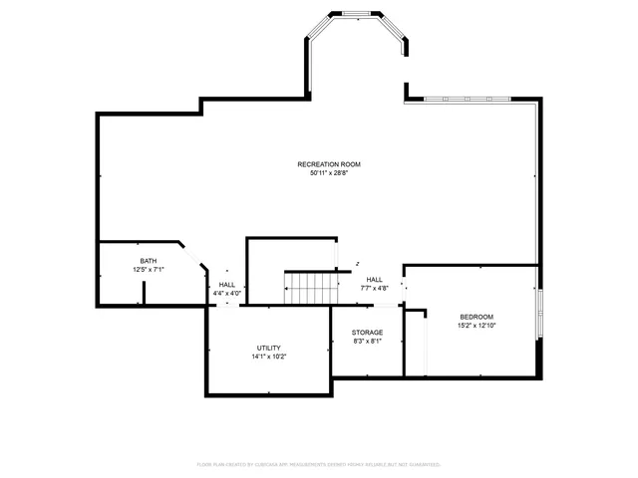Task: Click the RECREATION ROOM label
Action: click(x=328, y=164)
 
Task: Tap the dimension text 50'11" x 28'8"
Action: click(x=328, y=173)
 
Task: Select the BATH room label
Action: click(x=149, y=261)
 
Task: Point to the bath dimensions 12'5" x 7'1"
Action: click(x=149, y=270)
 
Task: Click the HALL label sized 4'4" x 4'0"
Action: click(x=227, y=285)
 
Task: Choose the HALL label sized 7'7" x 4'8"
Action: click(x=374, y=280)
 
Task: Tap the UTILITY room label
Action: click(x=268, y=348)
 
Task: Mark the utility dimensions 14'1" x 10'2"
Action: click(x=268, y=357)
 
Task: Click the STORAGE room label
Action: click(x=367, y=332)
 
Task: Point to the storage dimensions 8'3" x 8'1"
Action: click(x=367, y=341)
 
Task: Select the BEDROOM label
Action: click(x=476, y=317)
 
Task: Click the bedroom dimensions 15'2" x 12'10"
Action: click(x=476, y=326)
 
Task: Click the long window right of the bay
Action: click(x=468, y=99)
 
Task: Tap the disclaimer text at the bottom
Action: click(x=319, y=464)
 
